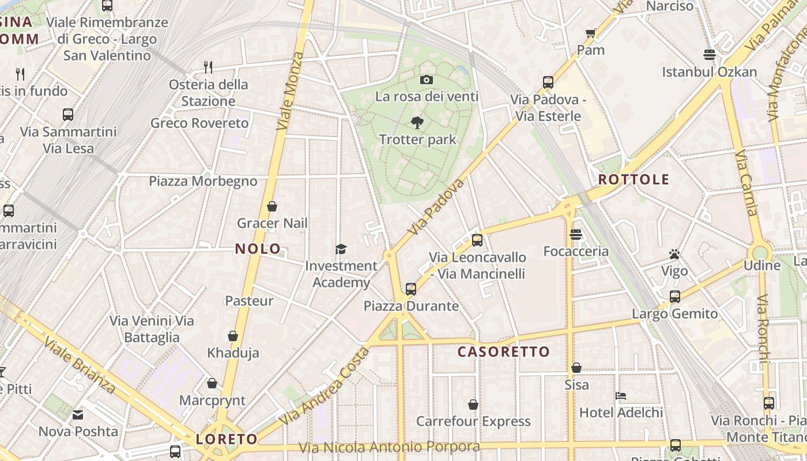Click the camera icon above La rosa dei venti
coord(426,80)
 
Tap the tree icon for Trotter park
coord(417,122)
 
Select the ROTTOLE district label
coord(633,179)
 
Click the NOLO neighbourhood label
coord(258,249)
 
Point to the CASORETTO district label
coord(504,352)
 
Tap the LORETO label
coord(227,439)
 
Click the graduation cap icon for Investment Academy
coord(341,249)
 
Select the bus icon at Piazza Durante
coord(410,289)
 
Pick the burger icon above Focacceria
coord(575,235)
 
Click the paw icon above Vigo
coord(674,254)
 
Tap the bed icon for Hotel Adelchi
coord(620,396)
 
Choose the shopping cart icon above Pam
coord(590,33)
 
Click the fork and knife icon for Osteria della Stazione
coord(208,67)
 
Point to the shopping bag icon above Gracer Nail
coord(272,206)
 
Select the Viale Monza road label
coord(289,91)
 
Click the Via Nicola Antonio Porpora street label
coord(389,447)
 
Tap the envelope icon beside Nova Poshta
coord(78,414)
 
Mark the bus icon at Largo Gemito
coord(674,297)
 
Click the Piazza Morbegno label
coord(203,181)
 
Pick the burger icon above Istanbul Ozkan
coord(709,55)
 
